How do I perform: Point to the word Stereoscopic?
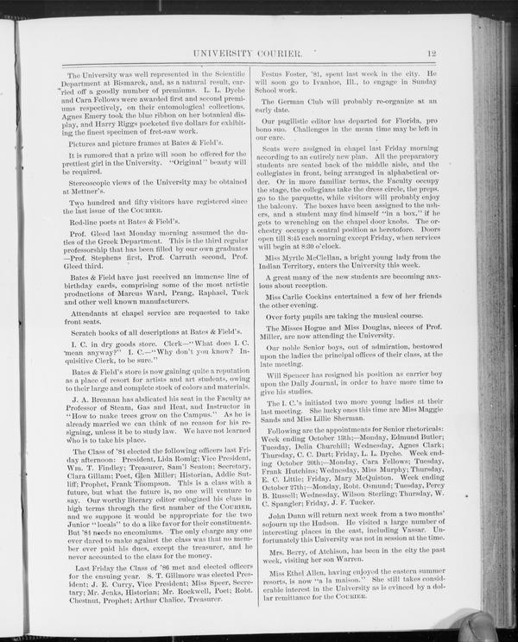(x=95, y=183)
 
